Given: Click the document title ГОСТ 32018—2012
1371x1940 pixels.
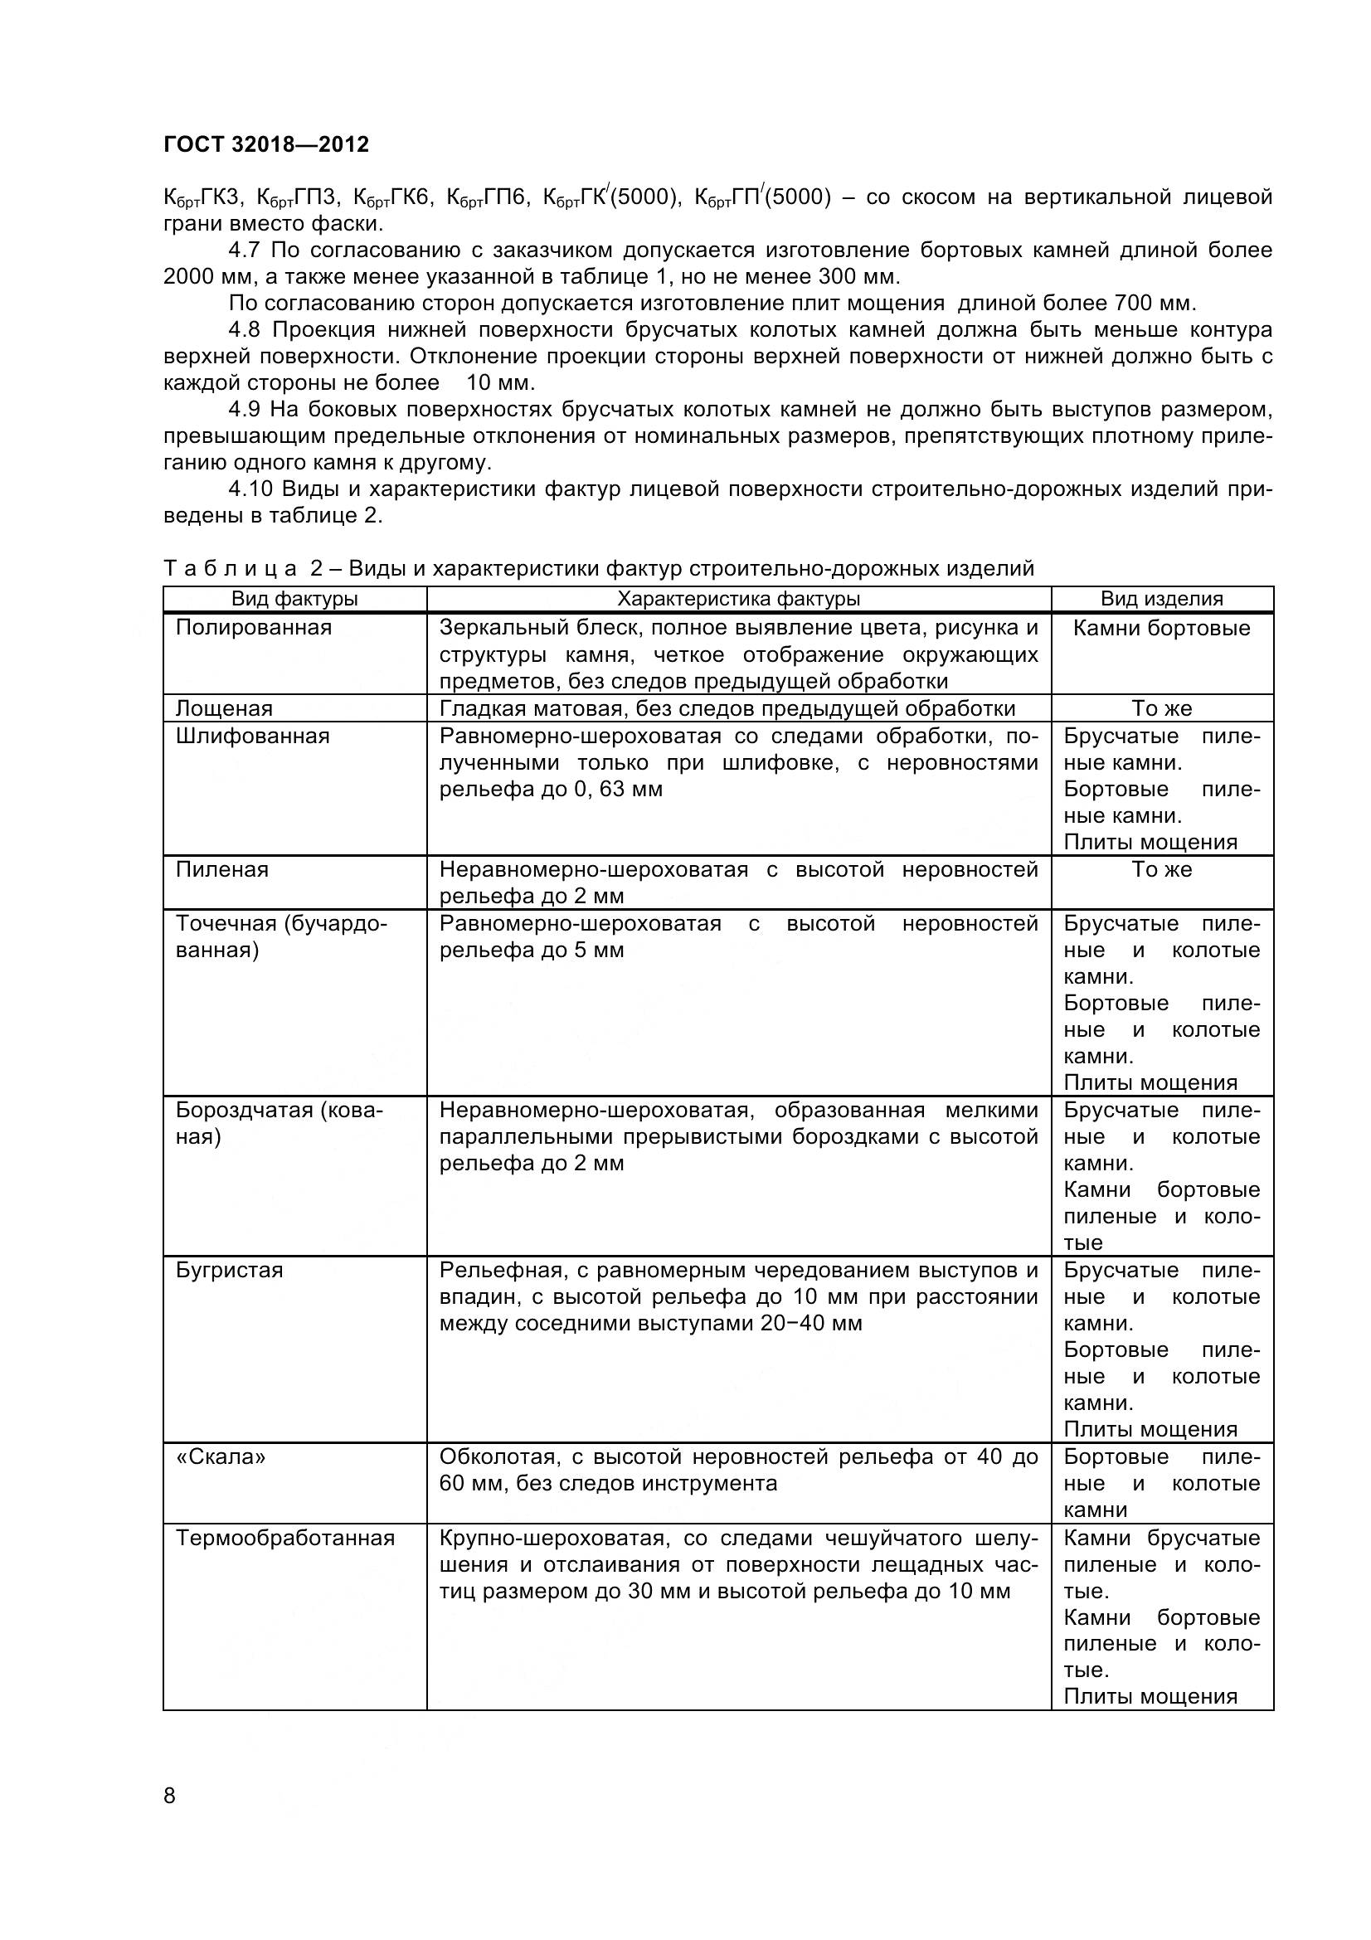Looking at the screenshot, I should tap(266, 144).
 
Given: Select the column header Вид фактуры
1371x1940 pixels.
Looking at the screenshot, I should tap(294, 599).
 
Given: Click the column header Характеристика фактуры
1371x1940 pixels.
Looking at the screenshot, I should tap(738, 599).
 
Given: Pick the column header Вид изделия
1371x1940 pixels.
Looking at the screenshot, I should tap(1161, 599).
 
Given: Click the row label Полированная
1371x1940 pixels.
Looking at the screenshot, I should tap(254, 628).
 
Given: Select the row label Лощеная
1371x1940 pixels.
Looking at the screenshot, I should tap(224, 708).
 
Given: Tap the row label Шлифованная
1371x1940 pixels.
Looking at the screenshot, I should tap(252, 736).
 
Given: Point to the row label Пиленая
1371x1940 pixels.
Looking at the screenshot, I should tap(221, 869).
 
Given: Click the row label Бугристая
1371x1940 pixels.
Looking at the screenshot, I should tap(229, 1270).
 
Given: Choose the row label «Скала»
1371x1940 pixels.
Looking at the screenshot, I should tap(221, 1456).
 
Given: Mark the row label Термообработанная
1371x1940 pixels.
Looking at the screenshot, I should tap(284, 1537).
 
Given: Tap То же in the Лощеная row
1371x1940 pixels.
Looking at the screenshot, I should tap(1161, 709).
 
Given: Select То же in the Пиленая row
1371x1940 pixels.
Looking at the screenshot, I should tap(1161, 869).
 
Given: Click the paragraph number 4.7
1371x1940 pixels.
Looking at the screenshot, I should tap(244, 250).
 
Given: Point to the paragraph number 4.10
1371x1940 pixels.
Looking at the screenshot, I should tap(250, 489).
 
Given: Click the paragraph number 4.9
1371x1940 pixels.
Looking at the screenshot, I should tap(245, 410).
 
